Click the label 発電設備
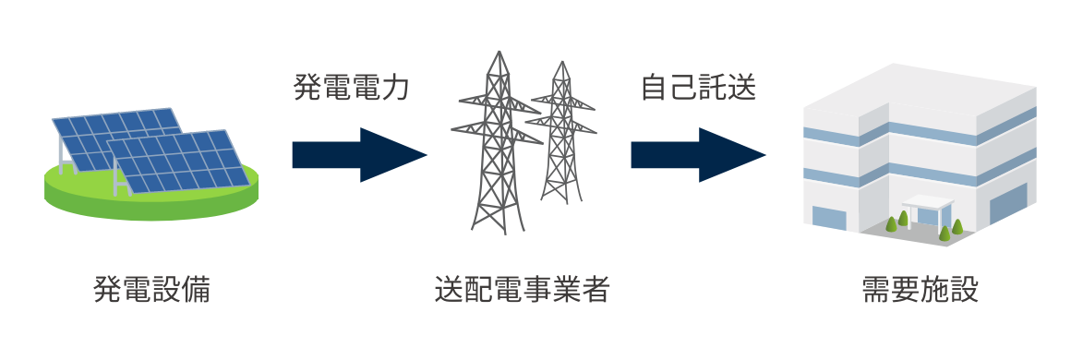pyautogui.click(x=152, y=290)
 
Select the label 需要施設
pyautogui.click(x=919, y=290)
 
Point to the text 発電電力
pyautogui.click(x=351, y=89)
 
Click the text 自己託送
pyautogui.click(x=699, y=89)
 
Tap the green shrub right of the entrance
pyautogui.click(x=957, y=225)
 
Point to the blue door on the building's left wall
pyautogui.click(x=828, y=219)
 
